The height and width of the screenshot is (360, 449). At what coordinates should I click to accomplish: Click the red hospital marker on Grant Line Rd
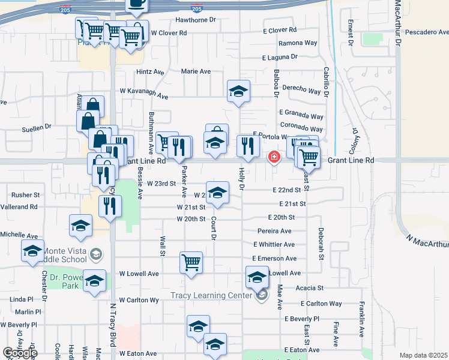(x=274, y=157)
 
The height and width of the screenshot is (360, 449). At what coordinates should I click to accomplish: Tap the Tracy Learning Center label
(x=213, y=295)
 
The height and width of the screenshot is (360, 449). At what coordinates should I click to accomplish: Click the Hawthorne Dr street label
(x=195, y=20)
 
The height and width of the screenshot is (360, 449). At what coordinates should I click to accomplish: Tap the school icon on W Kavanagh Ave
(x=238, y=91)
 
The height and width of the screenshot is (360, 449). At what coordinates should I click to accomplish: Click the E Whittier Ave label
(x=274, y=245)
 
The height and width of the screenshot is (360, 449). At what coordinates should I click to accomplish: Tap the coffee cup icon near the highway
(x=136, y=5)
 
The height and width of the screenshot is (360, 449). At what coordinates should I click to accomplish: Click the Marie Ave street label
(x=196, y=71)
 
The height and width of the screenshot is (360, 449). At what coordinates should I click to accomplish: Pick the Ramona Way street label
(x=298, y=43)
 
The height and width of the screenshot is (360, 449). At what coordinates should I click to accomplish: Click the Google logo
(x=19, y=353)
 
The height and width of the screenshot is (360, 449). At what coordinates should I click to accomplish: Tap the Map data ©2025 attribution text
(x=423, y=355)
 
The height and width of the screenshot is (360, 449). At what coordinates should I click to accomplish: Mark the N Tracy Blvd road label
(x=112, y=323)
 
